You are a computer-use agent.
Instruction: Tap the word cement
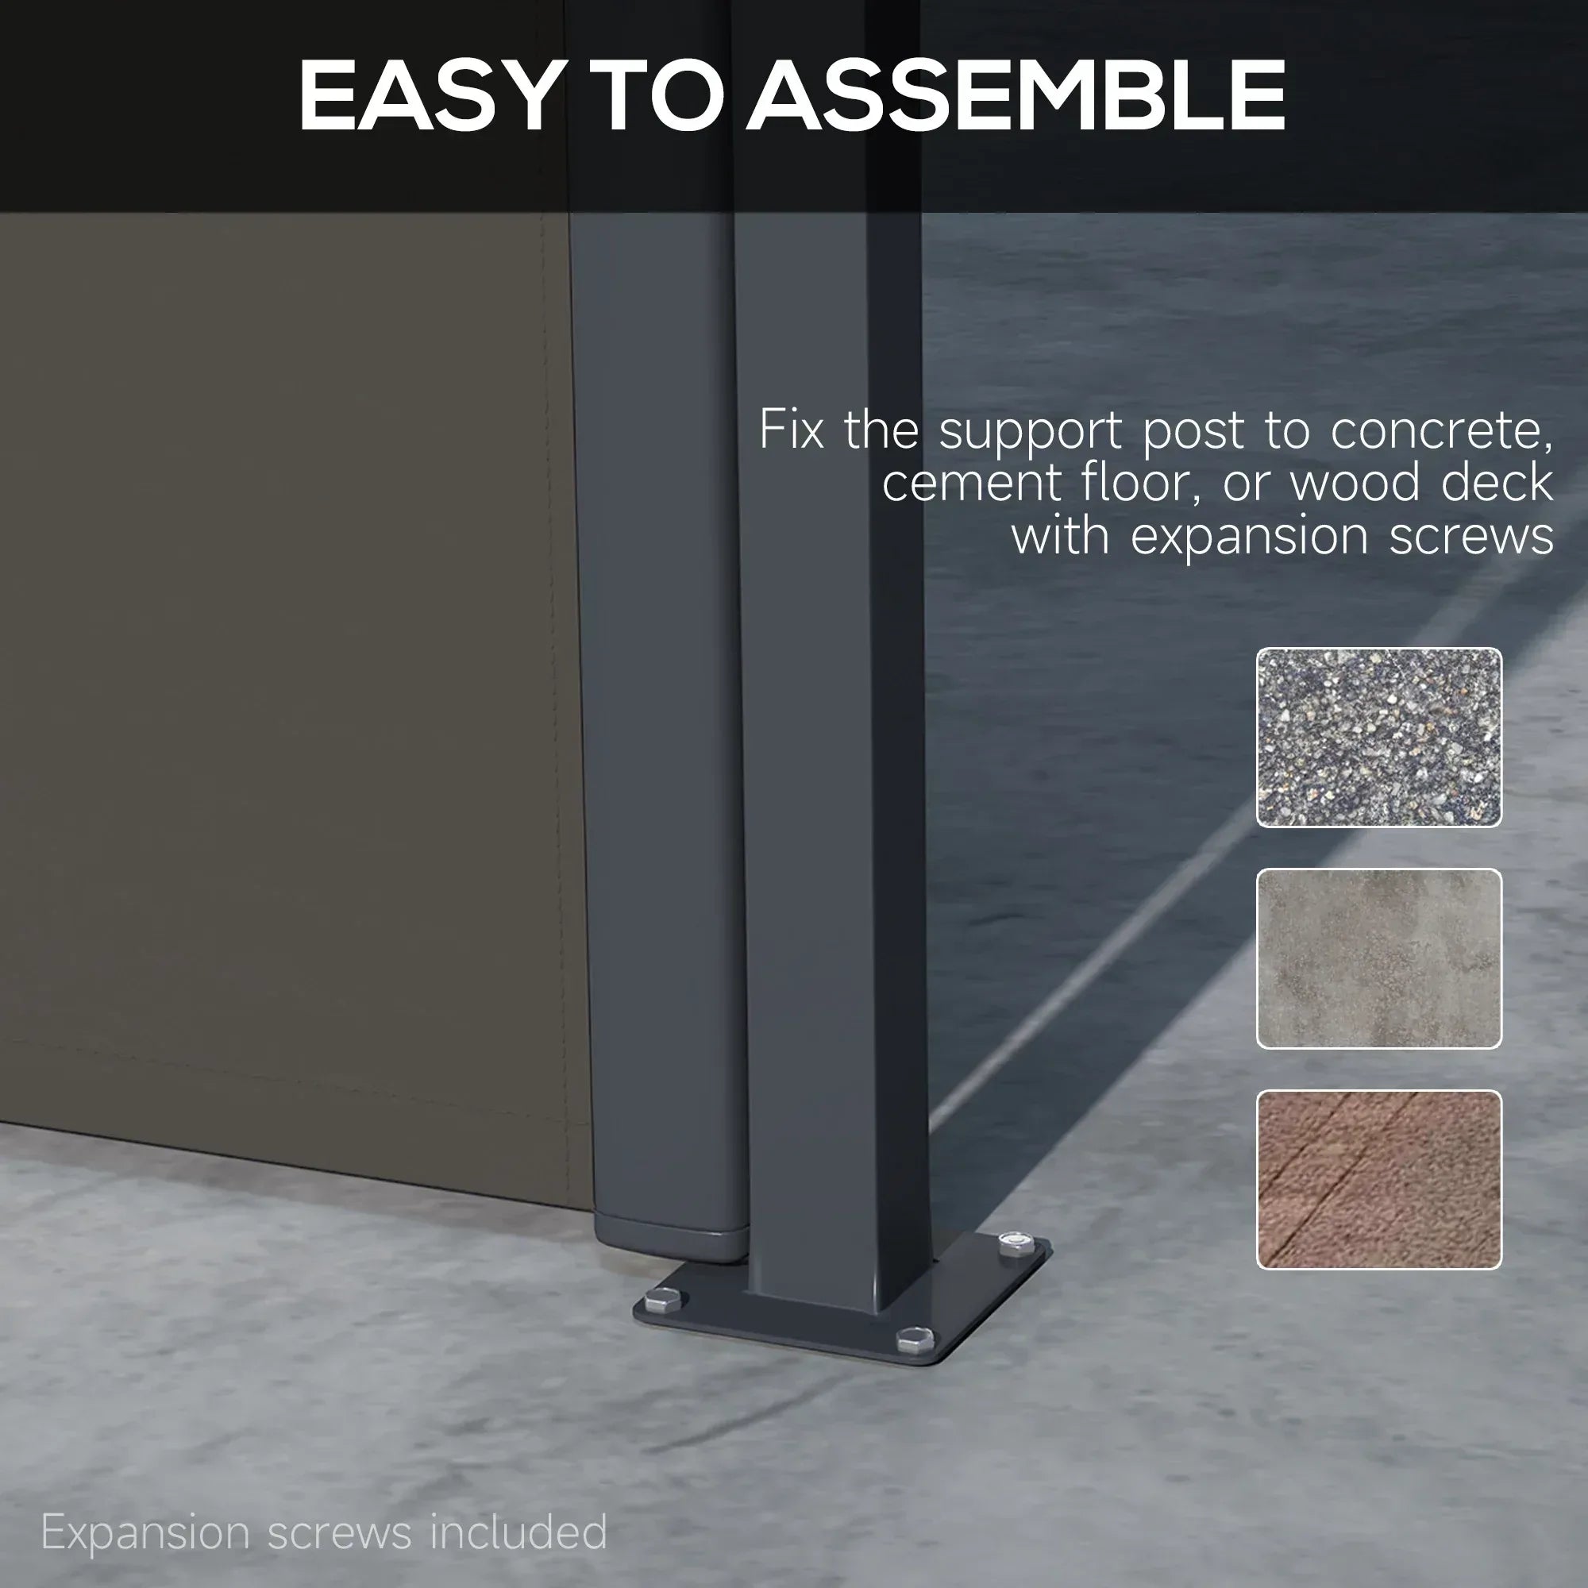click(972, 484)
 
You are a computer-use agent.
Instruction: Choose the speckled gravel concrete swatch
click(1378, 738)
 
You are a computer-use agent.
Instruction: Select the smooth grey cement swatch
click(1378, 958)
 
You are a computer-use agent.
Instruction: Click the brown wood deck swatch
click(1378, 1178)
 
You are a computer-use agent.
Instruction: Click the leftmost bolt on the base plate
click(662, 1301)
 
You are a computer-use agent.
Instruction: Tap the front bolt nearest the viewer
click(915, 1339)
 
